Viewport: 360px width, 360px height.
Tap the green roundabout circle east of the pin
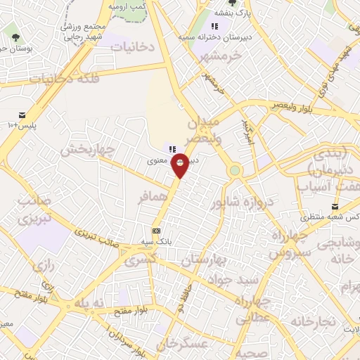(235, 170)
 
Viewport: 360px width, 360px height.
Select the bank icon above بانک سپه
(155, 231)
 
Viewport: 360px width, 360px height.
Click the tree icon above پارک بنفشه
(232, 3)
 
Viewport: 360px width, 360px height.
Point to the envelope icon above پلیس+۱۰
(22, 115)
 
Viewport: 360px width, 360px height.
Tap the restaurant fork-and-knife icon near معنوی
(172, 148)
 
